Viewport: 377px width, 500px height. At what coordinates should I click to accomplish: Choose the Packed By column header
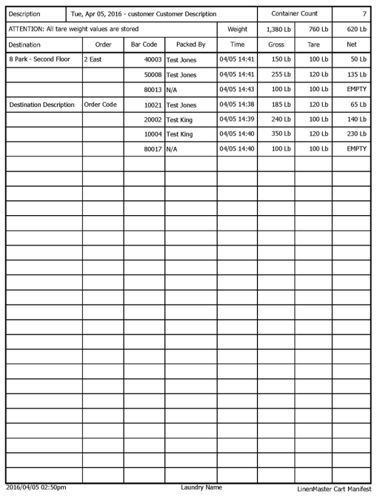point(190,45)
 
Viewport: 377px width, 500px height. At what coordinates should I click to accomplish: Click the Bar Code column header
point(144,45)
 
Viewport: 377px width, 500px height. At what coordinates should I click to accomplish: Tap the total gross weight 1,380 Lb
point(276,29)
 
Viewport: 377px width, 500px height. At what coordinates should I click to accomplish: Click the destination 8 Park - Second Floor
point(37,59)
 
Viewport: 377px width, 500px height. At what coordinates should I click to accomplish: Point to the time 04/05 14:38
point(237,105)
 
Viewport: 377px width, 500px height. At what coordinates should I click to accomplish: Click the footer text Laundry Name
point(202,487)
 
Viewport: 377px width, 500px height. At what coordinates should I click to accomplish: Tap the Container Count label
point(294,14)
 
